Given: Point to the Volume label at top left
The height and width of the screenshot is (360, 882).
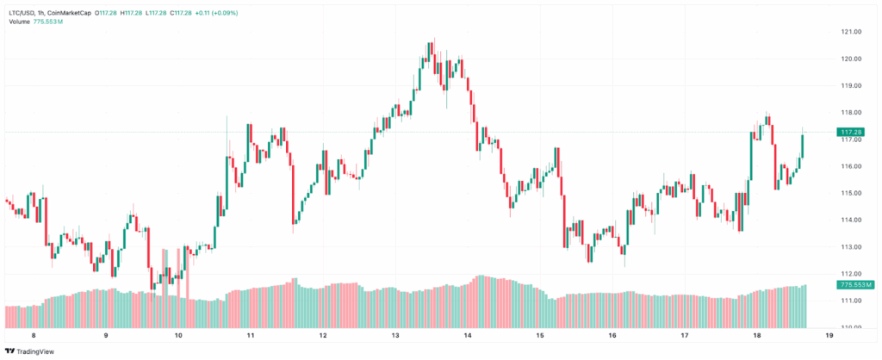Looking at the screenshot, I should tap(19, 22).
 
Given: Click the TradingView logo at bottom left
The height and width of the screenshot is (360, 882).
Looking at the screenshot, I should tap(28, 351).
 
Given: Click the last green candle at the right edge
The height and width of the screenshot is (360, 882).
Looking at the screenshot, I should tap(803, 146).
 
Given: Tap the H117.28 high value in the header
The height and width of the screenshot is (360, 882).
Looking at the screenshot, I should tap(134, 13).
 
